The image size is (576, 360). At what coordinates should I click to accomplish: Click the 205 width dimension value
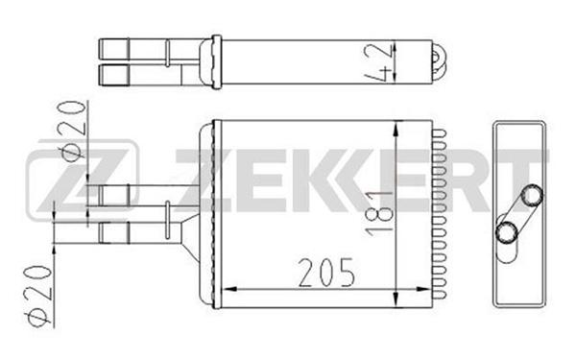point(326,273)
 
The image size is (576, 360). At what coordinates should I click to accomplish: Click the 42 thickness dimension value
point(378,62)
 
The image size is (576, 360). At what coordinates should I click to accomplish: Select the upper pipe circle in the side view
point(532,195)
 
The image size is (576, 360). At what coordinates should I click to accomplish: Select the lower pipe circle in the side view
point(507,231)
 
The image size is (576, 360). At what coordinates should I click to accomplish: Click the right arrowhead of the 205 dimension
point(423,290)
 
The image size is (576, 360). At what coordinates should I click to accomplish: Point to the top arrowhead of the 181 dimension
point(396,130)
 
